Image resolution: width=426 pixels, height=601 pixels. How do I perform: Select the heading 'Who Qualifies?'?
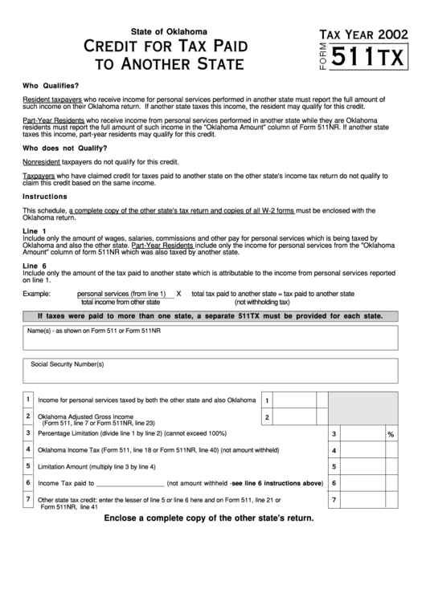pos(51,85)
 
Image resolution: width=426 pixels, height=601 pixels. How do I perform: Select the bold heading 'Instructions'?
pos(45,197)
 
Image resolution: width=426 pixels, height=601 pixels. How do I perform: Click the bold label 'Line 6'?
pos(35,265)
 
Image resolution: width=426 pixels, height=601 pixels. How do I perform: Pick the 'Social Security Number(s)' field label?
pos(68,364)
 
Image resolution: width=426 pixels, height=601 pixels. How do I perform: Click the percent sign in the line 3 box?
pos(391,434)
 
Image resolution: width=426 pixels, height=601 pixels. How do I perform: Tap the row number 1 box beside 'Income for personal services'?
pos(27,399)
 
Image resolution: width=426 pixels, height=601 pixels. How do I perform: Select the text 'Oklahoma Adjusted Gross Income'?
pos(85,417)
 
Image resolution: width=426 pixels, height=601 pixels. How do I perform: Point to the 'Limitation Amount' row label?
pos(96,466)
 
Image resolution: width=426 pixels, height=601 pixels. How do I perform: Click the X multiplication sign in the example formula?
pos(178,294)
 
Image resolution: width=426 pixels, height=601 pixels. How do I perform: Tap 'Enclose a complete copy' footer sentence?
pos(208,518)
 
